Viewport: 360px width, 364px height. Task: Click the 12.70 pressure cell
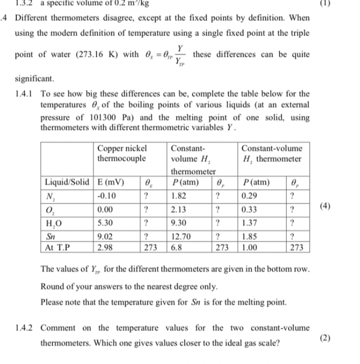[x=182, y=236]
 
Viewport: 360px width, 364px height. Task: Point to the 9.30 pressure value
[x=180, y=222]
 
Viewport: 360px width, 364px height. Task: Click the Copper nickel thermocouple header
[x=122, y=153]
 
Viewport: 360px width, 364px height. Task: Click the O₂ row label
[x=50, y=209]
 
